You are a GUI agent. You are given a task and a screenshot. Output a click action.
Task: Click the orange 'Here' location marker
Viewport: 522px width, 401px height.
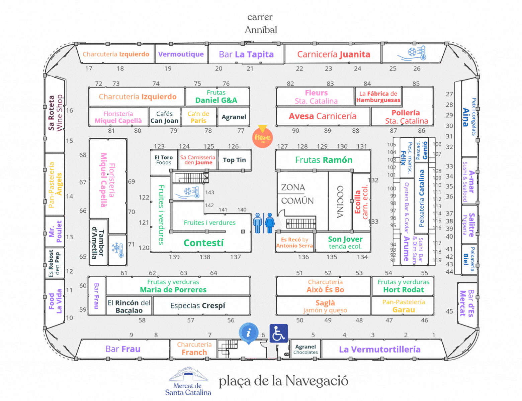pos(262,137)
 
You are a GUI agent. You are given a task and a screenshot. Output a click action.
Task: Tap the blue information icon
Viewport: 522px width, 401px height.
pos(248,333)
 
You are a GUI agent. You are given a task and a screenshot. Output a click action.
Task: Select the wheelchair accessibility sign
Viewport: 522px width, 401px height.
pos(278,333)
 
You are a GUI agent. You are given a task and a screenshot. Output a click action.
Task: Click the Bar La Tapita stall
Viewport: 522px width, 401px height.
pos(246,54)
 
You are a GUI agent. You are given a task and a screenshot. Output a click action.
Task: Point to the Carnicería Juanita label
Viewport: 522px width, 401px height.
pos(334,54)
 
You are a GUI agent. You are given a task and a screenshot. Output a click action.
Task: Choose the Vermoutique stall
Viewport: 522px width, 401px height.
pos(181,54)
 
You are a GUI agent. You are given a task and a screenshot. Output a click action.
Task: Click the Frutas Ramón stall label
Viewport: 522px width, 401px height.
pos(324,160)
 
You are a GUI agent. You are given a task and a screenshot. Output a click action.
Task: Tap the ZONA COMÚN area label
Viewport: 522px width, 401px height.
pos(297,194)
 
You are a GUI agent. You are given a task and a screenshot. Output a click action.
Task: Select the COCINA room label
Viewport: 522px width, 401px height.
pos(340,202)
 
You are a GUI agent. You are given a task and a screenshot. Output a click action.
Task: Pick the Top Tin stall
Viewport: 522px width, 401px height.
pos(234,160)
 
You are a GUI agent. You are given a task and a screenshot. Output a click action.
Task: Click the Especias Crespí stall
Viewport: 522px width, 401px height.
pos(197,306)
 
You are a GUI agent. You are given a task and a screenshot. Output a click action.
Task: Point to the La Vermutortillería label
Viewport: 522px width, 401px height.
pos(379,350)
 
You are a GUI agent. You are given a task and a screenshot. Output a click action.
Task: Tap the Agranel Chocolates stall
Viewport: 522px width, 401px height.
pos(306,349)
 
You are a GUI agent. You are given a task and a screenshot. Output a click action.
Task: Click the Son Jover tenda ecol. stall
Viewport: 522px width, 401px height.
pos(345,243)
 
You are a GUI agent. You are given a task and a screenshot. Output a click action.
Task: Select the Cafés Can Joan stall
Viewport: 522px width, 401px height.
pos(164,117)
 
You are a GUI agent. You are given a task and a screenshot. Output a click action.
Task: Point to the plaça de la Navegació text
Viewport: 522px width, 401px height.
pos(283,381)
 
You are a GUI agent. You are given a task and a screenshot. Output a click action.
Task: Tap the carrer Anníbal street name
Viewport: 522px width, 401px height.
pos(261,23)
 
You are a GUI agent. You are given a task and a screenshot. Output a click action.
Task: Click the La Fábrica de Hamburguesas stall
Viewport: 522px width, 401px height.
pos(378,97)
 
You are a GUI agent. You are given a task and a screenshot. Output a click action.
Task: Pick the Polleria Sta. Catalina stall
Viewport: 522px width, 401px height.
pos(406,117)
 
